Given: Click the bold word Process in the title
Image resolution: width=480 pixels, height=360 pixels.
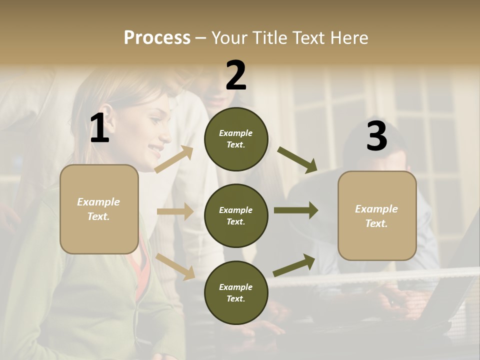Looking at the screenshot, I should click(157, 38).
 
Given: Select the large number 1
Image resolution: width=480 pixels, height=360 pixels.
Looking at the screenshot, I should click(99, 128).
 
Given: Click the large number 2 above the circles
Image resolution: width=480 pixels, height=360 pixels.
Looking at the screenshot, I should click(236, 75).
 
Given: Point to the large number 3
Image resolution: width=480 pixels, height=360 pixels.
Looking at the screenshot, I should click(376, 136).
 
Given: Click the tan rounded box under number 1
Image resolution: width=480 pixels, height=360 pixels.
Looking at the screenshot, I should click(99, 209).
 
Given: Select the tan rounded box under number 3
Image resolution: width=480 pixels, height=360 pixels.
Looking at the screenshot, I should click(377, 215).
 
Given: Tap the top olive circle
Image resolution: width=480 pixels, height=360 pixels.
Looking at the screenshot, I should click(236, 139).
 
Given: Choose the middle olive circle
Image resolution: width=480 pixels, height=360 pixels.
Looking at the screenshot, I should click(236, 215).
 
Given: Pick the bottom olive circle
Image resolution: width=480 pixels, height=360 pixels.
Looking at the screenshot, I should click(236, 292).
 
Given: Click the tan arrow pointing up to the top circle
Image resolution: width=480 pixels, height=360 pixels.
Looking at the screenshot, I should click(174, 159).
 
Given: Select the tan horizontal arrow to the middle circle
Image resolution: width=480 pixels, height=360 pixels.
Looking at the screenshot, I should click(175, 211).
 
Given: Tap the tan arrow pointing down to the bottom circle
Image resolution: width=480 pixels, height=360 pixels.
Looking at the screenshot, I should click(175, 266).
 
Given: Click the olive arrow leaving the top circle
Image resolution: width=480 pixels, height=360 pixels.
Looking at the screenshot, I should click(297, 159).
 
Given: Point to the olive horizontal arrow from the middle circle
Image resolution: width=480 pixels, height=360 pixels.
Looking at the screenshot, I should click(295, 210).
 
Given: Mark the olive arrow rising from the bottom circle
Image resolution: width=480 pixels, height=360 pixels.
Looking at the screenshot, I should click(294, 265).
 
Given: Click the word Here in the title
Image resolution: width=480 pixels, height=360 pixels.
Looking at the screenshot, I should click(348, 38).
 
